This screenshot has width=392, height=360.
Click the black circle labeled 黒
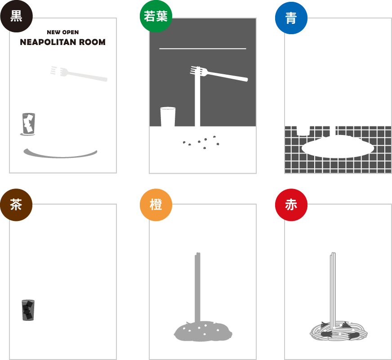[16, 16]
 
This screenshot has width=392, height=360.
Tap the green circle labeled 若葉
[156, 16]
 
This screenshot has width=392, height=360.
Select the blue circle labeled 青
[291, 18]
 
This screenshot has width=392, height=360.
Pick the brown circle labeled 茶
[16, 205]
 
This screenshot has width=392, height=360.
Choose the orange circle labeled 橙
[156, 205]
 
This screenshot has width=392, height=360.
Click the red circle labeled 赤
[291, 205]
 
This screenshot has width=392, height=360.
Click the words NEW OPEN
[63, 32]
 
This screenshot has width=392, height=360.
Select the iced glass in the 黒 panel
[28, 124]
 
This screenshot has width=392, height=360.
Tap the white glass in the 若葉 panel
[168, 117]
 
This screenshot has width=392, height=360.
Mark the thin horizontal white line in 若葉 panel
[203, 49]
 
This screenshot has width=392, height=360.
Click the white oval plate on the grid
[338, 147]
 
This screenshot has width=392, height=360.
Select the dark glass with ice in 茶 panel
[28, 310]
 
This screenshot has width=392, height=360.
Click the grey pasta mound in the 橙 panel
[203, 331]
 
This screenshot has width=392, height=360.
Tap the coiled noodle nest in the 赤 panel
[339, 331]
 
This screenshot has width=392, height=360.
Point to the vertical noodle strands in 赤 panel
[333, 288]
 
